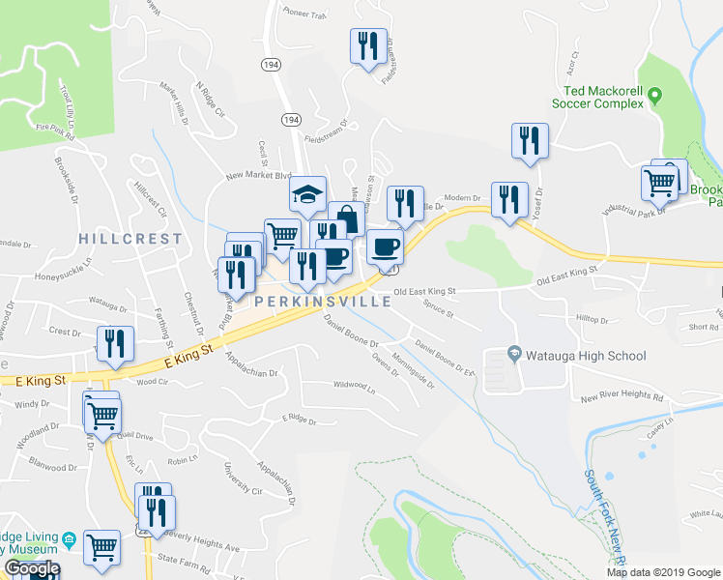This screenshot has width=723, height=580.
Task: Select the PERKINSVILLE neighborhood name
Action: (324, 302)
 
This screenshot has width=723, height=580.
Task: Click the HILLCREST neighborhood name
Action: (130, 238)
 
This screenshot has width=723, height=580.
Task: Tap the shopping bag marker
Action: (346, 220)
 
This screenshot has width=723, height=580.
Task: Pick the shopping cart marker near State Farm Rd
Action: (101, 546)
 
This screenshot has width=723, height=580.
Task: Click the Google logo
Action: (31, 569)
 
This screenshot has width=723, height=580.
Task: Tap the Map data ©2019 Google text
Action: (663, 572)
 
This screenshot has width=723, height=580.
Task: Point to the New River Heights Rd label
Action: (622, 397)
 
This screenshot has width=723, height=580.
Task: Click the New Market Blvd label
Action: (258, 176)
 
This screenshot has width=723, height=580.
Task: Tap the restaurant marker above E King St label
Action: (114, 345)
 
